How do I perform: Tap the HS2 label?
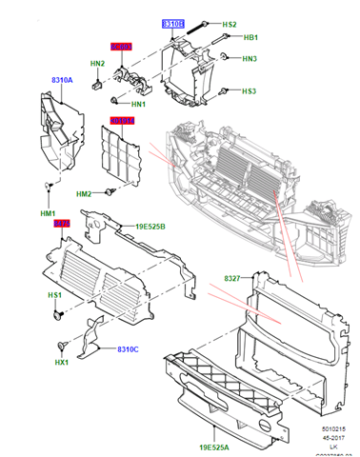click(229, 24)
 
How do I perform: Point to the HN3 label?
click(249, 59)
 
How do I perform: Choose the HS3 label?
click(248, 91)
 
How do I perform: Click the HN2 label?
click(97, 64)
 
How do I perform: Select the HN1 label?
click(138, 104)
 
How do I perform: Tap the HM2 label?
click(85, 194)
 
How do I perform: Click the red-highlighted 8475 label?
click(62, 225)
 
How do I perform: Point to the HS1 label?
click(55, 296)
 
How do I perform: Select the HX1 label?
click(63, 362)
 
